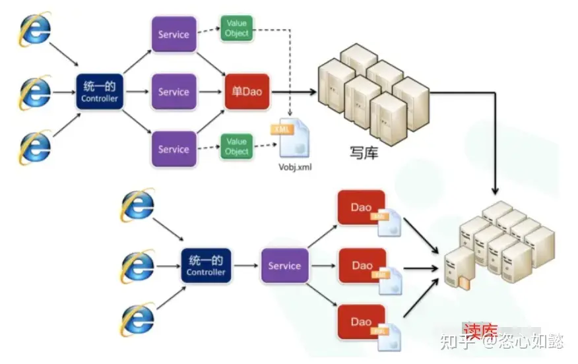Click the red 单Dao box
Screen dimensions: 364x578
247,92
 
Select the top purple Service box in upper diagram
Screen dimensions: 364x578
174,35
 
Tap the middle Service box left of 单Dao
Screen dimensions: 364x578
174,92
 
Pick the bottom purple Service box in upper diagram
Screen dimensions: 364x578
174,149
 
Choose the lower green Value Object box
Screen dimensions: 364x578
236,146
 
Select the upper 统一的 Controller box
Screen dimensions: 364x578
99,92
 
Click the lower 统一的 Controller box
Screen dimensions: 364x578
206,266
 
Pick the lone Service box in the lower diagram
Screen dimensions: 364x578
284,266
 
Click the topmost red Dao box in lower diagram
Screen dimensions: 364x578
362,208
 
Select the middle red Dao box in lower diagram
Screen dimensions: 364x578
362,266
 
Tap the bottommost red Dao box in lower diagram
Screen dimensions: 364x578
362,322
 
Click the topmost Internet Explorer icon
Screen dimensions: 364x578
34,30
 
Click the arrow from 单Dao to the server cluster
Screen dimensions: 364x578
294,93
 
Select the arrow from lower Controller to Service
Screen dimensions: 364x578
245,266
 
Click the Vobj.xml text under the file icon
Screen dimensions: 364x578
294,167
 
